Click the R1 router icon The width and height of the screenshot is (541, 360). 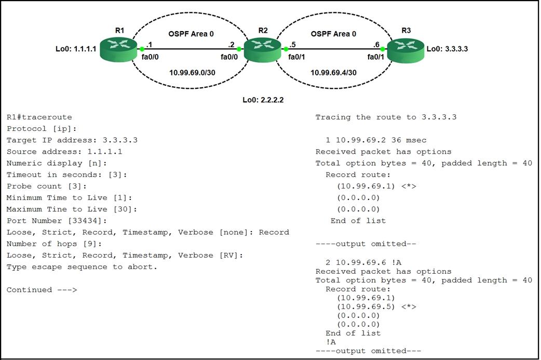point(119,49)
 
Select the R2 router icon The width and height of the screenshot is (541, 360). point(262,50)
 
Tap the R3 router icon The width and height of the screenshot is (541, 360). point(405,50)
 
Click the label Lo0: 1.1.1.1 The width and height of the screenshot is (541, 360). point(76,49)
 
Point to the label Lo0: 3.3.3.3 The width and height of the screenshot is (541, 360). point(447,49)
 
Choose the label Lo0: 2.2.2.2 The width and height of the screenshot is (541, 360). point(263,100)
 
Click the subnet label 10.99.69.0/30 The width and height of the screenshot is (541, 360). point(192,72)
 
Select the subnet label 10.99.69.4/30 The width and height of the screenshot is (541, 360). point(333,73)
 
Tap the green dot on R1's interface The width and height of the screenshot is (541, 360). point(142,49)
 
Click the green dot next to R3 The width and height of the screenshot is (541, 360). point(383,49)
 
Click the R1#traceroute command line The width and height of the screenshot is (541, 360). point(39,117)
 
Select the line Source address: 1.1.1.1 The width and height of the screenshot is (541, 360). point(65,152)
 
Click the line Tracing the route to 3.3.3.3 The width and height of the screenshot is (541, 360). point(386,117)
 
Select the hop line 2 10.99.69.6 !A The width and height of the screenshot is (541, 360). point(359,260)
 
